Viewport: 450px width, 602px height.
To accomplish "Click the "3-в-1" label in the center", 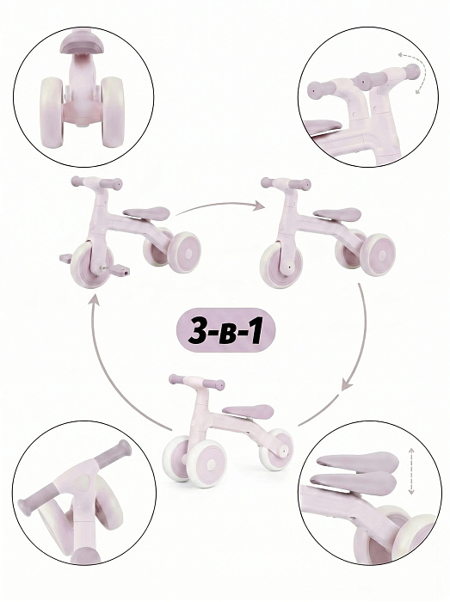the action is pyautogui.click(x=225, y=330).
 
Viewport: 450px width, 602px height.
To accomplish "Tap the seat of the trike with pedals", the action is pyautogui.click(x=146, y=213).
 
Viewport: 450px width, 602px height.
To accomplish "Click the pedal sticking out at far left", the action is pyautogui.click(x=65, y=258).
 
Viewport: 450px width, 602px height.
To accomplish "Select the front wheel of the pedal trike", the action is pyautogui.click(x=91, y=264).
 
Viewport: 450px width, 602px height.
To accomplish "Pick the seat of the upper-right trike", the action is pyautogui.click(x=336, y=214).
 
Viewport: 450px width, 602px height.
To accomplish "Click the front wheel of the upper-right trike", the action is pyautogui.click(x=280, y=265).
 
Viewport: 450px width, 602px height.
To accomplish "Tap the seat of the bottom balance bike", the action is pyautogui.click(x=248, y=411).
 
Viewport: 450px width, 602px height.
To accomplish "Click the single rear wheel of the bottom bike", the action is pyautogui.click(x=275, y=450).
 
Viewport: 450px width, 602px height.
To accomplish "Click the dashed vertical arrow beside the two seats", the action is pyautogui.click(x=411, y=470).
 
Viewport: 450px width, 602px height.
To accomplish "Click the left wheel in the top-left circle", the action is pyautogui.click(x=51, y=112).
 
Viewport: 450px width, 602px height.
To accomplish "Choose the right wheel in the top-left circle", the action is pyautogui.click(x=113, y=112).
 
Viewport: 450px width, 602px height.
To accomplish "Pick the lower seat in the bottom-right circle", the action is pyautogui.click(x=354, y=483).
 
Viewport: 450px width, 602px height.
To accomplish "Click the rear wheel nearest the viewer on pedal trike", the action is pyautogui.click(x=184, y=252).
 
